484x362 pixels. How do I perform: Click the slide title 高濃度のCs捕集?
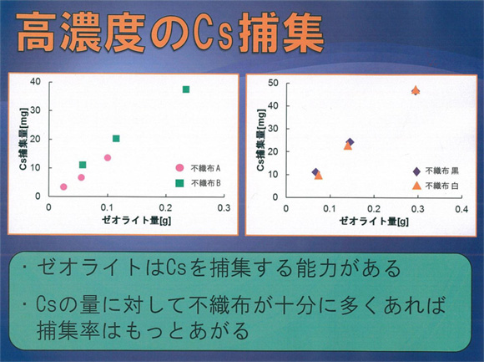coord(169,33)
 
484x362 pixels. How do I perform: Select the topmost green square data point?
coord(186,89)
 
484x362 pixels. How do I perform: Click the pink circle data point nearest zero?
coord(63,186)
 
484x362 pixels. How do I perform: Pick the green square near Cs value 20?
coord(116,139)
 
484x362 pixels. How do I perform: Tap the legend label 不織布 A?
coord(205,168)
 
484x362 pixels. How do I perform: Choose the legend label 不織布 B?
coord(205,183)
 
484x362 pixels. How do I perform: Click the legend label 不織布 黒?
coord(441,171)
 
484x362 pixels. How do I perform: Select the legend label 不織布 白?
coord(441,186)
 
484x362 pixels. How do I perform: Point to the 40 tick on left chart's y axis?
coord(36,82)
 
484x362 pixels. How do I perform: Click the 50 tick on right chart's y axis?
coord(273,83)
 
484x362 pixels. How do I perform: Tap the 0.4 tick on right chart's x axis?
coord(461,209)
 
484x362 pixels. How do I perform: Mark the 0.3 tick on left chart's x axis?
coord(224,207)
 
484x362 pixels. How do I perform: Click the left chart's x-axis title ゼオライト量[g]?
coord(136,220)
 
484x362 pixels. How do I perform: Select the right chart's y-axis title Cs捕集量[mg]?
coord(261,140)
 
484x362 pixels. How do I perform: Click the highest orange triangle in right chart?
coord(416,90)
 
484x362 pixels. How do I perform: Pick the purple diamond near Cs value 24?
coord(350,142)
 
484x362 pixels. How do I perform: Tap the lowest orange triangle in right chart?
coord(318,176)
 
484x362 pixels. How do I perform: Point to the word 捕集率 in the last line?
coord(68,330)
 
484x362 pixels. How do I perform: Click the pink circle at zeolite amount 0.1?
coord(108,158)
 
